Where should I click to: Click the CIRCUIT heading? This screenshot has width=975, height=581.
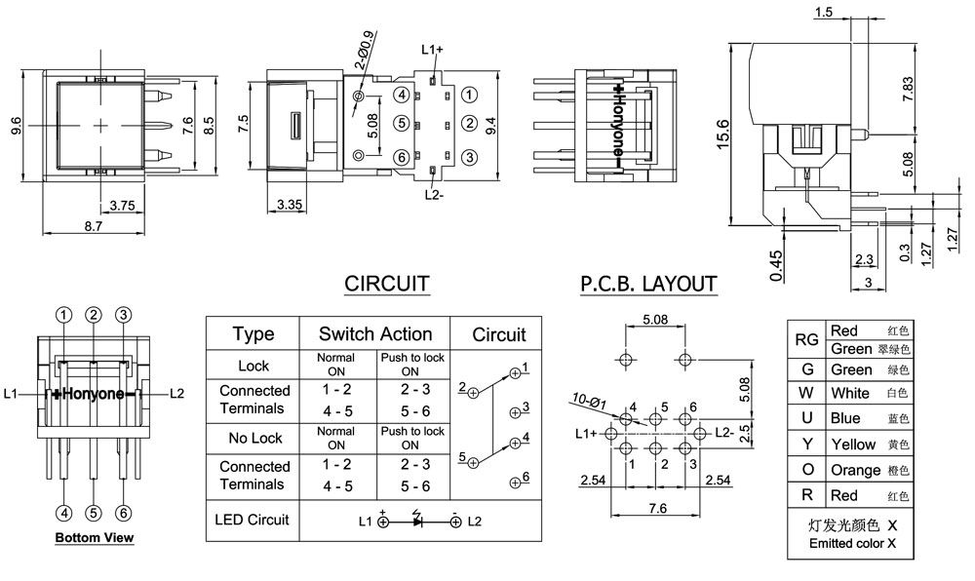point(387,284)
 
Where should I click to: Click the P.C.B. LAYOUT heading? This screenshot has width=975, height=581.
point(648,284)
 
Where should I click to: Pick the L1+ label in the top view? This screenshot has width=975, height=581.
point(432,49)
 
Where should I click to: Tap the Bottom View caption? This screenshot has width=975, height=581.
point(95,537)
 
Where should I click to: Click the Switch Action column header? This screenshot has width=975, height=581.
point(375,334)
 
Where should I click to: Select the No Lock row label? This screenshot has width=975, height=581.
point(253,439)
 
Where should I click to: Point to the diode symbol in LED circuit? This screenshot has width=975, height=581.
point(418,522)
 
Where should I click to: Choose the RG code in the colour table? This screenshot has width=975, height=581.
point(806,339)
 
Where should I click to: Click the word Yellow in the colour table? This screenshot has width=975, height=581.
point(853,445)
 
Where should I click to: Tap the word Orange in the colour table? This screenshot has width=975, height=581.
point(855,470)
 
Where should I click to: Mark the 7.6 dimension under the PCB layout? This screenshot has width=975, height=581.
point(656,508)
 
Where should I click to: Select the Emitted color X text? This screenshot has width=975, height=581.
point(852,543)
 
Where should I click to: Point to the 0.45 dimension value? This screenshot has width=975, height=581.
point(776,266)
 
